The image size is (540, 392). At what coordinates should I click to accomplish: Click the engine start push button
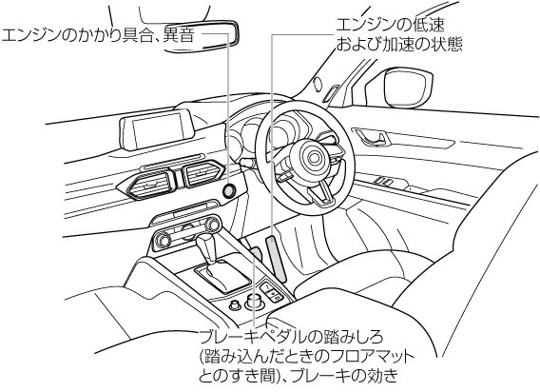230,190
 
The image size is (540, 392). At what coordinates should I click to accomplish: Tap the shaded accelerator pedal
277,258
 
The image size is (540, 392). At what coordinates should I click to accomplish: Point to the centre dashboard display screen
157,130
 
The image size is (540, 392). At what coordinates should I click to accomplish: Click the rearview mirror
202,36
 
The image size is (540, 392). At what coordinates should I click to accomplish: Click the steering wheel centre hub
314,158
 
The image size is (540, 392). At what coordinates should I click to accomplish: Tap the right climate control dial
213,225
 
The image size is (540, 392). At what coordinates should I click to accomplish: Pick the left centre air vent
146,186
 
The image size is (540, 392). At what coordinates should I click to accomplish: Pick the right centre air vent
202,173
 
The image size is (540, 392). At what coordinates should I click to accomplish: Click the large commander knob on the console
254,301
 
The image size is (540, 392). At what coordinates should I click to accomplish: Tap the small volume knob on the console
235,304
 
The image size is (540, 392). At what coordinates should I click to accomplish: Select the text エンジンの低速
390,25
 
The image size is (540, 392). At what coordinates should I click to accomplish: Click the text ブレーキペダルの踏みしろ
291,337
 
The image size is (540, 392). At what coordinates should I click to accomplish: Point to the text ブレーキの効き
344,375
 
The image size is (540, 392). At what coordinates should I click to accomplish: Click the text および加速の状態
399,44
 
